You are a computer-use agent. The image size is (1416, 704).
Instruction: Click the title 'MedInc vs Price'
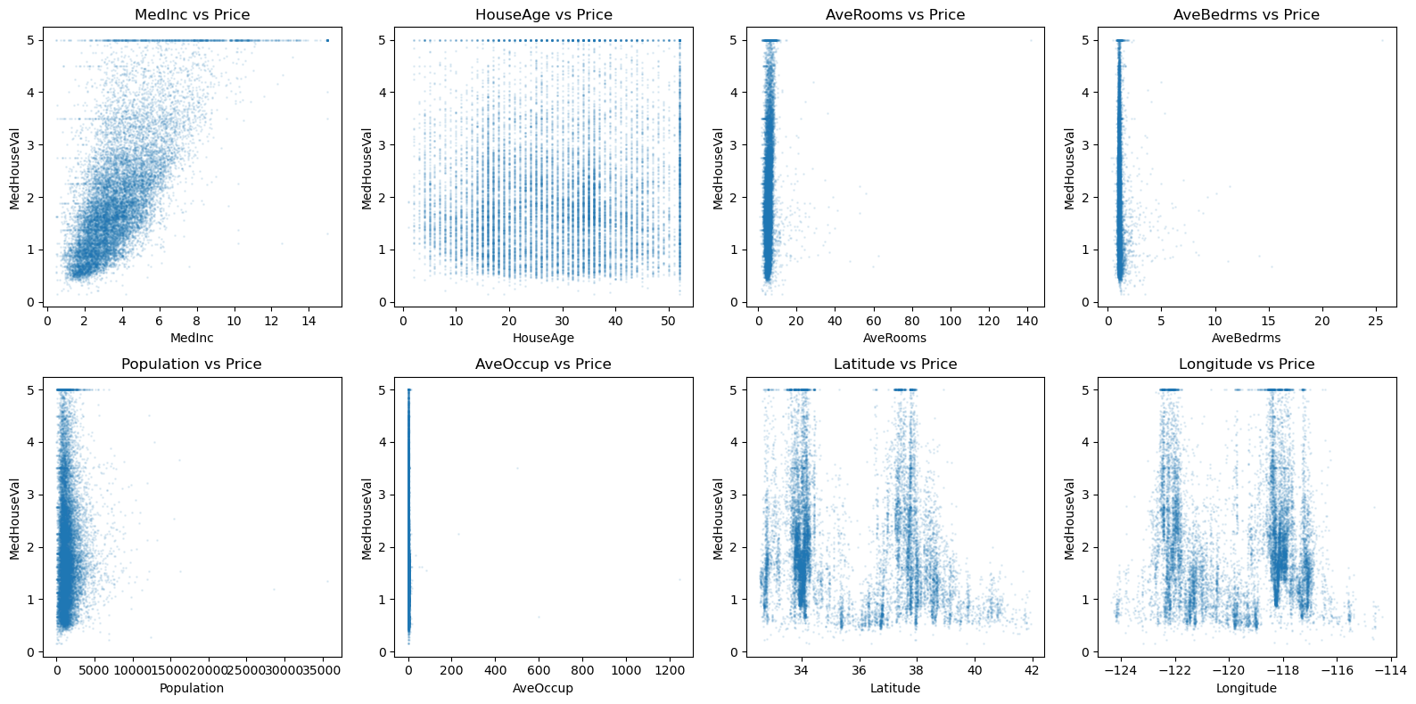point(192,14)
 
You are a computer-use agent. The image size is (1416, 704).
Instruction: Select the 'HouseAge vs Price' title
point(543,14)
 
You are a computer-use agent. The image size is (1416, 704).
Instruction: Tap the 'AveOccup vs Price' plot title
point(543,364)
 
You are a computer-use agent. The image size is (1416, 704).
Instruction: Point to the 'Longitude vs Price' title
point(1247,364)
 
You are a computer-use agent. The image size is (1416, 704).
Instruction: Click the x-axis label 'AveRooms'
point(894,338)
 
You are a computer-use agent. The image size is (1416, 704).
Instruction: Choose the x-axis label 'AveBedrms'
point(1246,338)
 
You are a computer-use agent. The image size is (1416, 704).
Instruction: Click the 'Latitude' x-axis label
point(894,688)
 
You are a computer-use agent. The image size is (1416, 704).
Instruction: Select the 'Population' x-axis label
point(192,688)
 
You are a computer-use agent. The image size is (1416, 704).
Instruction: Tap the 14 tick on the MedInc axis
point(309,321)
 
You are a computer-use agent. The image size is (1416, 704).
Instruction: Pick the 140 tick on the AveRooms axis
point(1027,321)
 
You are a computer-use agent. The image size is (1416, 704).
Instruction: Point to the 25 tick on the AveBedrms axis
point(1376,321)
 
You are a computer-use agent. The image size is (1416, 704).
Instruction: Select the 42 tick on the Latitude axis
point(1032,670)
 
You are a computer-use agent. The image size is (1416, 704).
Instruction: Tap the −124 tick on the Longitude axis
point(1120,670)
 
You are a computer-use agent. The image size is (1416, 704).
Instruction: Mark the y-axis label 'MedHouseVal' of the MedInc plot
point(14,168)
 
